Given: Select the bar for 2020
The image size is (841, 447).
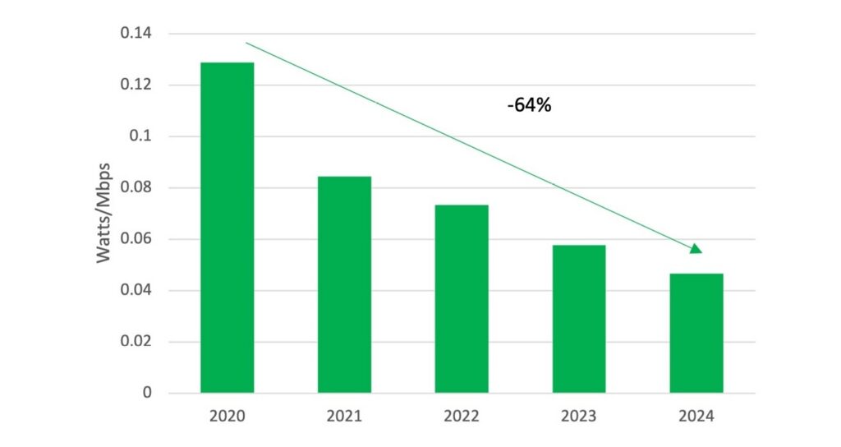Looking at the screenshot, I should click(227, 228).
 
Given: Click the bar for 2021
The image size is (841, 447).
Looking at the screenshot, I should click(344, 284).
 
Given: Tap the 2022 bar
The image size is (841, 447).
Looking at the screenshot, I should click(462, 298).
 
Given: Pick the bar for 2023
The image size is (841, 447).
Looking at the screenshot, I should click(579, 319).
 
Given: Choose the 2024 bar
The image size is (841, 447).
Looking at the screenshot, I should click(696, 333).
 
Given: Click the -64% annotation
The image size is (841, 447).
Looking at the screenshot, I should click(529, 106).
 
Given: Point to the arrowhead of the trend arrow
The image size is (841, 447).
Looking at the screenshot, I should click(695, 248).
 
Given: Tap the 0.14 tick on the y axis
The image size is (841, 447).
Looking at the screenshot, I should click(136, 34).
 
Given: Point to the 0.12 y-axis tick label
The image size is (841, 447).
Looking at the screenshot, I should click(136, 85).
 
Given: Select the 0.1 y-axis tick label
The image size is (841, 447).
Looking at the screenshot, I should click(141, 136).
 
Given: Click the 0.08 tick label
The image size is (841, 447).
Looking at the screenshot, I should click(136, 188).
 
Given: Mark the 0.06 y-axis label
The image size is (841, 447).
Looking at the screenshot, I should click(136, 239).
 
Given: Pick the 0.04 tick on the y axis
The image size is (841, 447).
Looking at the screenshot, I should click(136, 291).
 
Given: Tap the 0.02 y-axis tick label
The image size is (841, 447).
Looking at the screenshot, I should click(136, 342).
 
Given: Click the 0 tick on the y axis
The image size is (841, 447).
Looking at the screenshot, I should click(148, 393).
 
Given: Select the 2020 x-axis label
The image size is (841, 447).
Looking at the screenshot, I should click(227, 417).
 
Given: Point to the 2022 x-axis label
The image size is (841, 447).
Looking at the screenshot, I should click(462, 417).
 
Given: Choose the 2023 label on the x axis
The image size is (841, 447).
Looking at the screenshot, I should click(579, 417).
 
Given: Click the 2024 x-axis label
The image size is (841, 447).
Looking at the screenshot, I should click(696, 417).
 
